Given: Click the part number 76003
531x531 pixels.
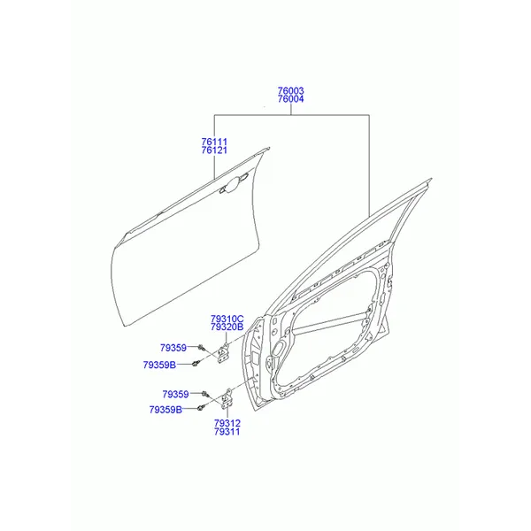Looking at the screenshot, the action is click(x=291, y=91).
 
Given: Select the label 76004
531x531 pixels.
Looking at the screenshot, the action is click(x=291, y=99).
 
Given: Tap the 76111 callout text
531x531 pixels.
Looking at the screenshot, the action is click(x=214, y=142).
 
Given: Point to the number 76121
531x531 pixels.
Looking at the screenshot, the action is click(x=214, y=150).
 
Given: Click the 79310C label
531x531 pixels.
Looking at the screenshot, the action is click(x=227, y=319).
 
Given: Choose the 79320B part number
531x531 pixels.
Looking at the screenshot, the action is click(x=227, y=327).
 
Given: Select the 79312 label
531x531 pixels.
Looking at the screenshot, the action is click(x=227, y=423).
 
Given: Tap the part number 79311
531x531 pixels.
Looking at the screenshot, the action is click(x=227, y=432).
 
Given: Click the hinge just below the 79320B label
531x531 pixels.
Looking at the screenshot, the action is click(x=223, y=353).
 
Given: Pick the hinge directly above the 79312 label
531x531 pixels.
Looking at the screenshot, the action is click(x=227, y=399).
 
